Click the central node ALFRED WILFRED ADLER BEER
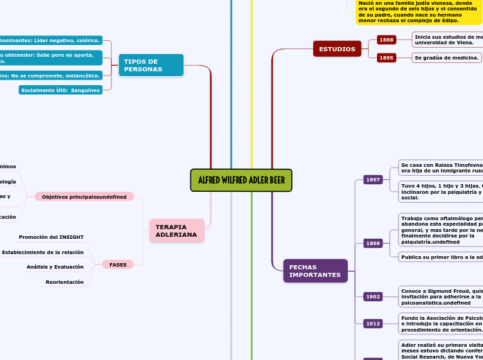click(x=241, y=181)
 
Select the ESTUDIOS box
click(x=337, y=49)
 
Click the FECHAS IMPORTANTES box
click(x=315, y=271)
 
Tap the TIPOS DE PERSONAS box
click(x=150, y=65)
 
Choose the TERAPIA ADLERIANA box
click(x=176, y=231)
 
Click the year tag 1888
click(x=386, y=40)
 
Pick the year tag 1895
click(x=386, y=58)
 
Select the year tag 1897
click(x=373, y=180)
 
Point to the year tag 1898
click(x=373, y=244)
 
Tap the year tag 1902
click(x=373, y=296)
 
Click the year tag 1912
click(x=373, y=323)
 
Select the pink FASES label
click(x=118, y=264)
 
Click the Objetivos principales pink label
click(x=84, y=197)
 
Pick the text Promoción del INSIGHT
click(x=51, y=237)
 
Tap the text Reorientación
click(x=64, y=282)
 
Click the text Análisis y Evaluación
click(x=55, y=267)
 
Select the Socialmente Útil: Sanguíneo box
click(x=60, y=90)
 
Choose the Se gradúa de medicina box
click(x=446, y=58)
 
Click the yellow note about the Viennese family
click(x=418, y=12)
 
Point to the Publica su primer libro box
click(x=441, y=257)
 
